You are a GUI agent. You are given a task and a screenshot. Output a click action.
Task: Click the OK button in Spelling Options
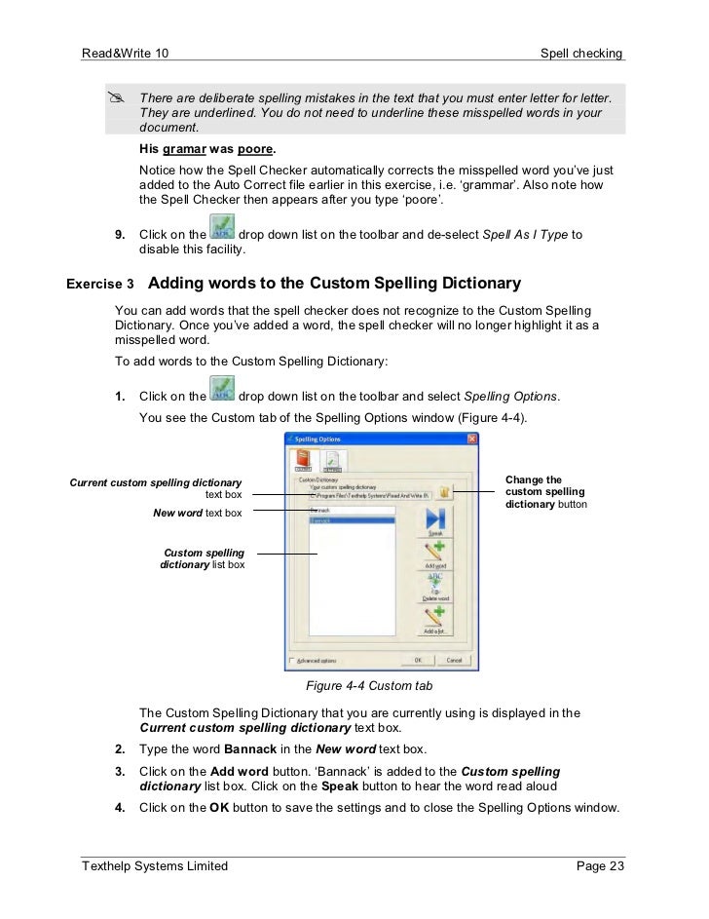point(417,660)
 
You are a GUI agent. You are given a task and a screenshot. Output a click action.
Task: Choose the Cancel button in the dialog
point(454,660)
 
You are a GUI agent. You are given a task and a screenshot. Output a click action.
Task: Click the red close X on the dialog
point(471,440)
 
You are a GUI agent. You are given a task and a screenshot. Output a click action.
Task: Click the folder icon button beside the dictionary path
point(443,493)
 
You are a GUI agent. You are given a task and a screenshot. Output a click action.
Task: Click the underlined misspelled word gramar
point(184,150)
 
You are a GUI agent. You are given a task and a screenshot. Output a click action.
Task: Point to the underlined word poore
point(255,150)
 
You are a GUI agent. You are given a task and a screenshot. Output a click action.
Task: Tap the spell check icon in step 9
point(223,230)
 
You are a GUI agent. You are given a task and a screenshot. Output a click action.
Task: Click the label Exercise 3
point(100,285)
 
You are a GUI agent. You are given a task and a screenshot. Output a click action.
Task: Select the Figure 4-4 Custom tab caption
point(369,686)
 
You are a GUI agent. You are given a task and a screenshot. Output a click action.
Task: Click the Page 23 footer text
point(600,865)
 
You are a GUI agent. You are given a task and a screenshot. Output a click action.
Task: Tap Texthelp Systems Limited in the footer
point(155,865)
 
